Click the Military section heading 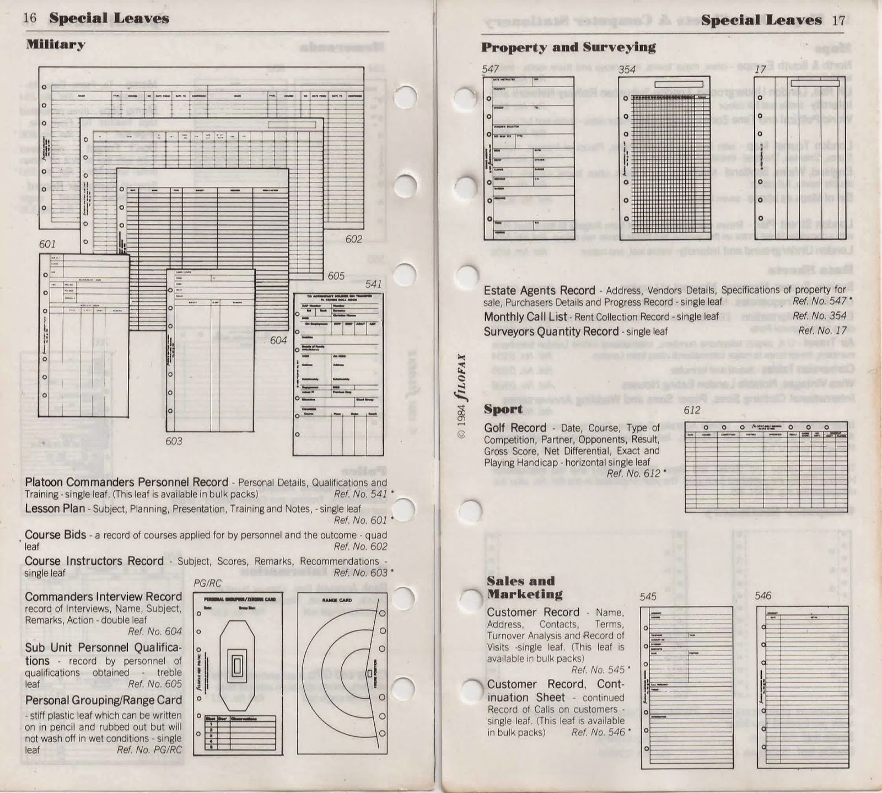pyautogui.click(x=56, y=45)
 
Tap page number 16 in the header pyautogui.click(x=30, y=18)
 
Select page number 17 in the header pyautogui.click(x=838, y=21)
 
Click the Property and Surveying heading pyautogui.click(x=568, y=47)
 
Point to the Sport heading pyautogui.click(x=503, y=409)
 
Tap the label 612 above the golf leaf pyautogui.click(x=692, y=410)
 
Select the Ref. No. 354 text pyautogui.click(x=819, y=316)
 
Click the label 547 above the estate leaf pyautogui.click(x=490, y=69)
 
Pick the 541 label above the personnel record pyautogui.click(x=373, y=285)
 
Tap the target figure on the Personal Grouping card pyautogui.click(x=235, y=667)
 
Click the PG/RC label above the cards pyautogui.click(x=207, y=583)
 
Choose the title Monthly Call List pyautogui.click(x=525, y=317)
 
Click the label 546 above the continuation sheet pyautogui.click(x=763, y=596)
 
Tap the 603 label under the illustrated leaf pyautogui.click(x=174, y=441)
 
